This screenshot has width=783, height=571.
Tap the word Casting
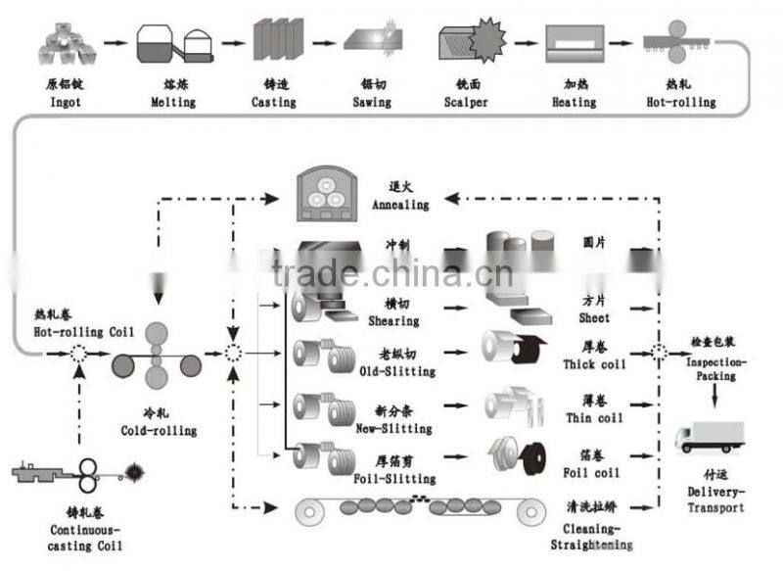tap(274, 102)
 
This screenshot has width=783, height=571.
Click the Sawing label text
tap(371, 102)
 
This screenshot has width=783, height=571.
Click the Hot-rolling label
tap(681, 102)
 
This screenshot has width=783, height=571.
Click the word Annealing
tap(400, 205)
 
